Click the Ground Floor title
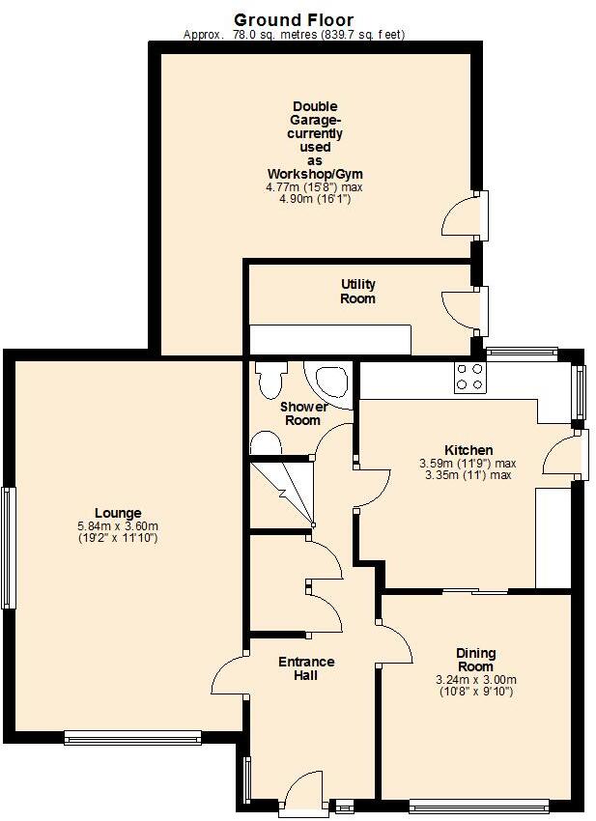(294, 19)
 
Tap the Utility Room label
(357, 292)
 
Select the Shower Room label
(302, 413)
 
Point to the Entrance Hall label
(306, 668)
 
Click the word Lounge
(118, 513)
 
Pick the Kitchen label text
(468, 450)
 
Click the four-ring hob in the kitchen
(470, 377)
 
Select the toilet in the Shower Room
(271, 379)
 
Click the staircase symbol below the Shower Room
(282, 493)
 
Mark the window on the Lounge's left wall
(9, 548)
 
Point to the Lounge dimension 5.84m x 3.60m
(118, 525)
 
